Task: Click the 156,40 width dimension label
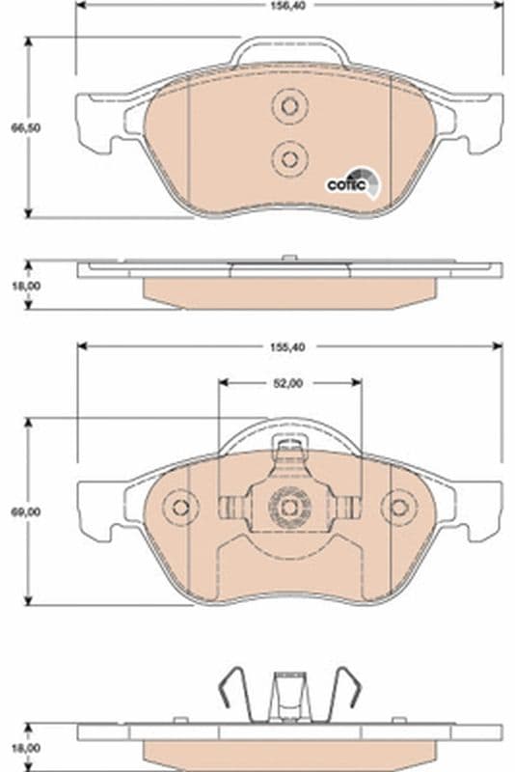tap(288, 4)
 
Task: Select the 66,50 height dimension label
tap(14, 126)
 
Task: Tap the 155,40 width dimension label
tap(288, 345)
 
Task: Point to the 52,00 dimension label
tap(288, 382)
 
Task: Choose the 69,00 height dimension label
tap(14, 512)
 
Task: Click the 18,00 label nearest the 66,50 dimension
tap(14, 286)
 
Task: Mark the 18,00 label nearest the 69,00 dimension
tap(14, 748)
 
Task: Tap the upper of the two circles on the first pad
tap(287, 106)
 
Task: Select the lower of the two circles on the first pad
tap(287, 156)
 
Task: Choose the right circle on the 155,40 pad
tap(396, 507)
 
